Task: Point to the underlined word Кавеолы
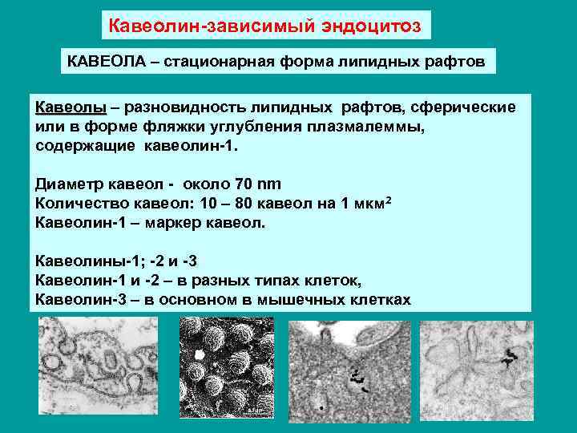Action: coord(71,107)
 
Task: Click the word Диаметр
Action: coord(74,184)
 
